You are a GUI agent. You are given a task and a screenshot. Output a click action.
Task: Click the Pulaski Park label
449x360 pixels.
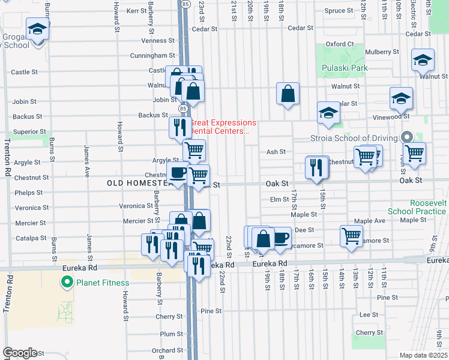(x=344, y=68)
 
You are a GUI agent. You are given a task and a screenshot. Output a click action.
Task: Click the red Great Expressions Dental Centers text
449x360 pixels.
(x=223, y=127)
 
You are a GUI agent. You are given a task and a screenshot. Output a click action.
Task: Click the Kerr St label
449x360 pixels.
(x=136, y=11)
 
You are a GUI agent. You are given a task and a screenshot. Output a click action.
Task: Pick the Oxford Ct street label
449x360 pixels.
(x=340, y=44)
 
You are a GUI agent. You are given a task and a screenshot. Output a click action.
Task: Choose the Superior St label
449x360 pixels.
(x=29, y=131)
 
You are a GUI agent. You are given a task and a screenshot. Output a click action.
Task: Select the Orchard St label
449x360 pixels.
(x=163, y=351)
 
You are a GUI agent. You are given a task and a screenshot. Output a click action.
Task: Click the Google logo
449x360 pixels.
(x=20, y=353)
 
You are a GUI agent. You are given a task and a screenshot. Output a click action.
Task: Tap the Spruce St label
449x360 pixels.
(x=339, y=11)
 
